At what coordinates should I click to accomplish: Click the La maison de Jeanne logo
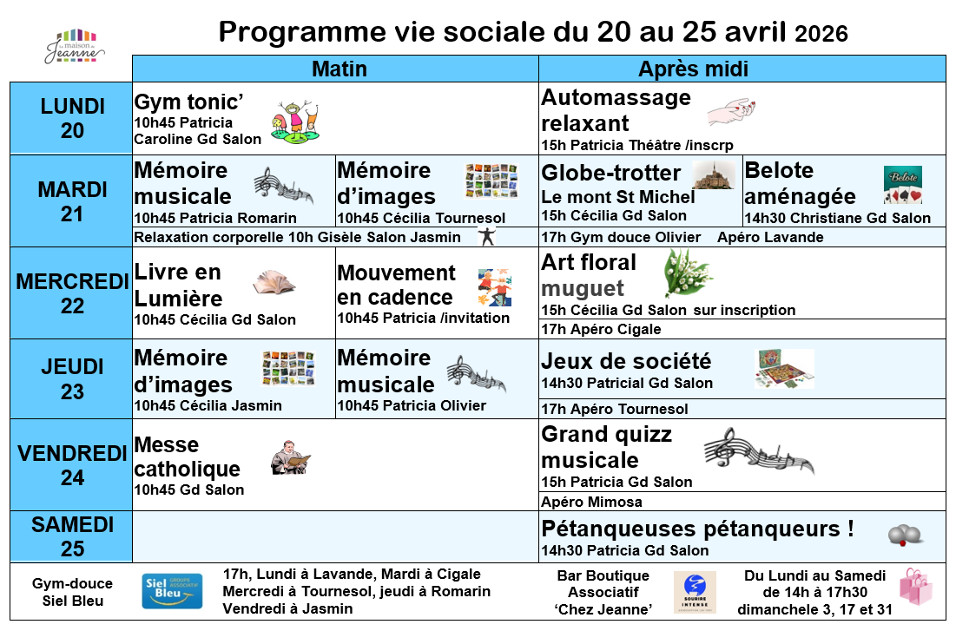click(74, 47)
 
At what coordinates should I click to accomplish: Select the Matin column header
click(340, 69)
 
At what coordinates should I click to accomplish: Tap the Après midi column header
click(693, 69)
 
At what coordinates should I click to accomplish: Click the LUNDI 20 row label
click(72, 118)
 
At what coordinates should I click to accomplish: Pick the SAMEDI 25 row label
click(72, 536)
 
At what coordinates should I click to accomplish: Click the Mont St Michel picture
click(713, 175)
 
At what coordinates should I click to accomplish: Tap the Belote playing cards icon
click(902, 184)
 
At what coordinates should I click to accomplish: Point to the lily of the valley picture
click(687, 273)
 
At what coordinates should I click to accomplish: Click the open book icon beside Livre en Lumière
click(274, 282)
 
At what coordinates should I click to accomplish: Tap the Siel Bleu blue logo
click(172, 592)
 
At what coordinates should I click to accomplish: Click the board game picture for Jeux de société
click(784, 368)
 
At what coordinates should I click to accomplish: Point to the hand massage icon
click(732, 111)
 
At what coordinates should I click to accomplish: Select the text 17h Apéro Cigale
click(601, 329)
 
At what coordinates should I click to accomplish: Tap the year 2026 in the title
click(821, 34)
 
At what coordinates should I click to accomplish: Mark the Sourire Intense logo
click(695, 592)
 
